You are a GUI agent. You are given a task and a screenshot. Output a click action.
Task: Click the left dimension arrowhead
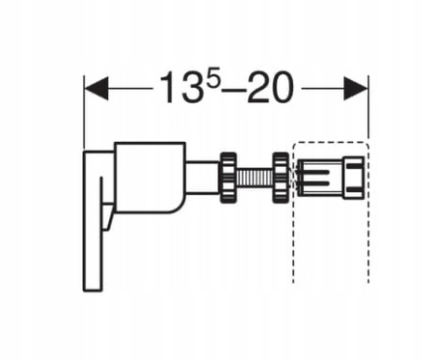coord(95,88)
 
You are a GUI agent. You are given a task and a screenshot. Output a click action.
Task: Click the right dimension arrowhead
coord(356,88)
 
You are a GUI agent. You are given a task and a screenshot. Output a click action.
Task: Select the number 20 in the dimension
coord(272,88)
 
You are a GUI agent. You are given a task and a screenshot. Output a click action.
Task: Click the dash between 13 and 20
coord(234,90)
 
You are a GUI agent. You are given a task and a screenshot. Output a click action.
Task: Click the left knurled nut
coord(229,178)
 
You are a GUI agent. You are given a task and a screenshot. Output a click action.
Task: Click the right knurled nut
coord(281,178)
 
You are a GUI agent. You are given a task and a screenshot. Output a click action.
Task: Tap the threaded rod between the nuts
coord(255,178)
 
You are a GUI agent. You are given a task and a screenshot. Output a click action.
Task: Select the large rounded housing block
coord(150,178)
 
